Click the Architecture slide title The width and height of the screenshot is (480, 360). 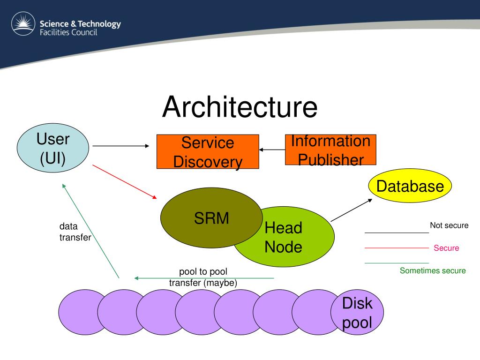pos(240,107)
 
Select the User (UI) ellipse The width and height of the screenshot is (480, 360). pos(53,148)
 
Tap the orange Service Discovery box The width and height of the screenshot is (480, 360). pos(208,151)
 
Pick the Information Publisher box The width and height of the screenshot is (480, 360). pos(330,150)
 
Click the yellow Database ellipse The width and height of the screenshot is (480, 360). pos(410,186)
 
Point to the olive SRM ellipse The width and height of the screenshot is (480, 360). pos(211,217)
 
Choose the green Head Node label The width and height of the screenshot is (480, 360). pos(284,237)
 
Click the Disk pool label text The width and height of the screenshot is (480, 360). pos(357,313)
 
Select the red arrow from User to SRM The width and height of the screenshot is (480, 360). pos(125,182)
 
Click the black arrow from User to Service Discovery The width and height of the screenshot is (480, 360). pos(121,146)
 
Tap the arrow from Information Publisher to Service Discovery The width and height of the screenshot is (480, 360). pos(272,150)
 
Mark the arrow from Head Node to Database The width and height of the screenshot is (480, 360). pos(352,210)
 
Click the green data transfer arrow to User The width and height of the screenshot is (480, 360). pos(90,231)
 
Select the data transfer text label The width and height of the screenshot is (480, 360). pos(75,232)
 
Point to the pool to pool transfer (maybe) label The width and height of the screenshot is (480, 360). pos(203,277)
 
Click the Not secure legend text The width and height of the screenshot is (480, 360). pos(449,225)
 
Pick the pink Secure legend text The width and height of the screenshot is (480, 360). pos(446,248)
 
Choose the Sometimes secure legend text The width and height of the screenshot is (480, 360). pos(433,270)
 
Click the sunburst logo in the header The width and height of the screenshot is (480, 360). pos(23,23)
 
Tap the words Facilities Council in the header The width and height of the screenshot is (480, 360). pos(68,32)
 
